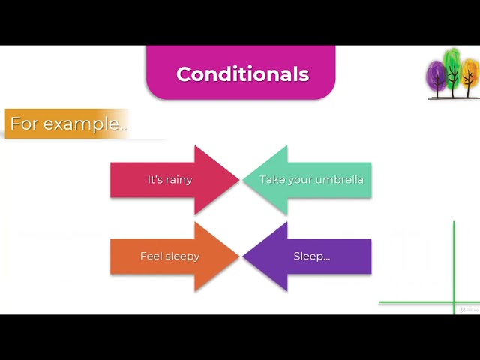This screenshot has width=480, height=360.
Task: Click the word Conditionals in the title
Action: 242,74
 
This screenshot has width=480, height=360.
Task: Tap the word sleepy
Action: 182,256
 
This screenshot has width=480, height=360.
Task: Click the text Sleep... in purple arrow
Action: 311,256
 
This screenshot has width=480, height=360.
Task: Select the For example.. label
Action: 67,124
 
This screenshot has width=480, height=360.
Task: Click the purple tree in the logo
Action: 436,76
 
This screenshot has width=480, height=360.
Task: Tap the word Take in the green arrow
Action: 271,180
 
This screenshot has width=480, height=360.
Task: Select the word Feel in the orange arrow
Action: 151,256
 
